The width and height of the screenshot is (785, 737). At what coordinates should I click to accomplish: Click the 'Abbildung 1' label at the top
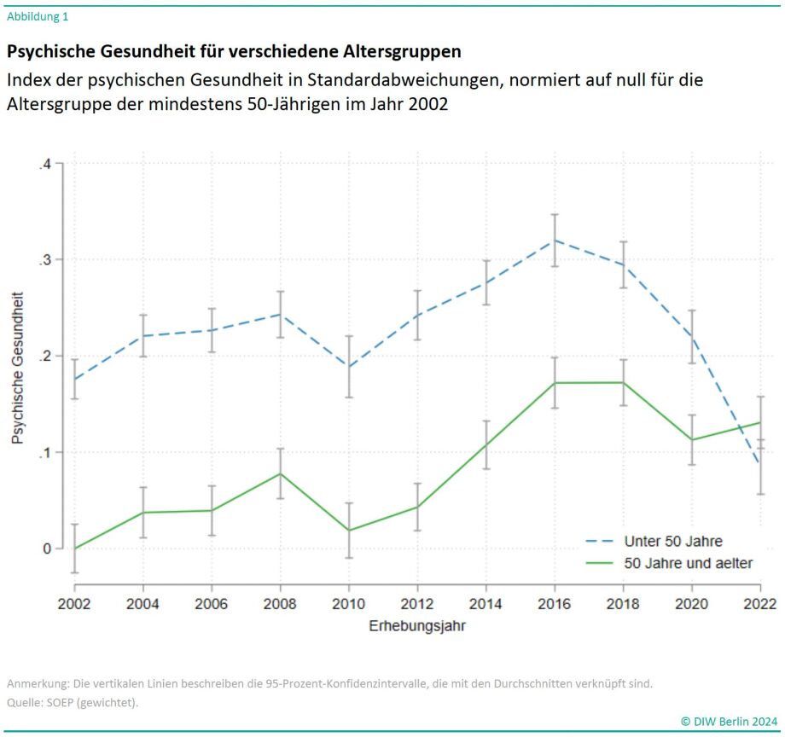point(38,16)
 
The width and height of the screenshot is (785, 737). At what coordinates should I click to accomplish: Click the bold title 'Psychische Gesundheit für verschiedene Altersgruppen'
point(234,51)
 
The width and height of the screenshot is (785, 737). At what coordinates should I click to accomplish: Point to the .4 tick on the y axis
point(45,164)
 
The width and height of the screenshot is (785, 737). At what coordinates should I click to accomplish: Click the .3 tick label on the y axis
point(45,260)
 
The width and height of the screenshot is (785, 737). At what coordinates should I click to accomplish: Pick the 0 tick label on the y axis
point(48,548)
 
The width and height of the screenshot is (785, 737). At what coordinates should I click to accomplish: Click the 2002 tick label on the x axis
point(74,604)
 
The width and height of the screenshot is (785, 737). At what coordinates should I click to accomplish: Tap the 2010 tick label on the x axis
point(349,604)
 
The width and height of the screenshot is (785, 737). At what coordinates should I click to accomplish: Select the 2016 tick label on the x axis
point(555,604)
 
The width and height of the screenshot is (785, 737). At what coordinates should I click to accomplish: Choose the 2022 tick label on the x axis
point(759,604)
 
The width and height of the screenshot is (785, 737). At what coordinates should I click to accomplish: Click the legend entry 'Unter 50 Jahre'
point(673,541)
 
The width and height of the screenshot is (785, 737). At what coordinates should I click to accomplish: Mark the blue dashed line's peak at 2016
point(555,240)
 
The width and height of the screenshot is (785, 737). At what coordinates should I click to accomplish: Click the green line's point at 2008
point(280,473)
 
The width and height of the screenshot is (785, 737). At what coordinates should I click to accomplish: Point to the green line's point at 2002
point(74,548)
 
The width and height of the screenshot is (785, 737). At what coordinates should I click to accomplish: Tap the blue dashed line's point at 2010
point(349,367)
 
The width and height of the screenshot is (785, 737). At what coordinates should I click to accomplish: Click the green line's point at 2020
point(691,440)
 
